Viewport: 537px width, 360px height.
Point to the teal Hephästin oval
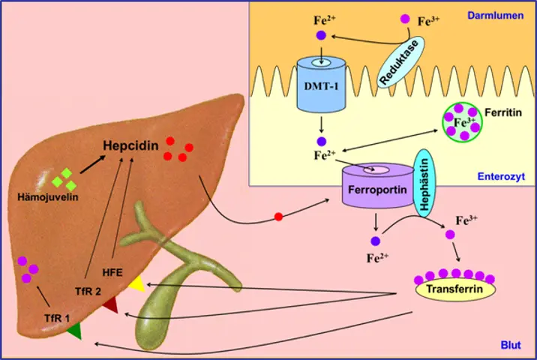pos(424,184)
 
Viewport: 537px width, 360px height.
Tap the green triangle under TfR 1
pos(73,330)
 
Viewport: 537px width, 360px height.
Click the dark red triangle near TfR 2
pos(110,304)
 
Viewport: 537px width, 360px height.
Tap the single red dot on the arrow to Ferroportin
pos(278,217)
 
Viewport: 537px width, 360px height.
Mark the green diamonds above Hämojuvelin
pos(64,179)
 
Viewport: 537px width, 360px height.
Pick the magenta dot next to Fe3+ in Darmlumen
pos(406,19)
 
